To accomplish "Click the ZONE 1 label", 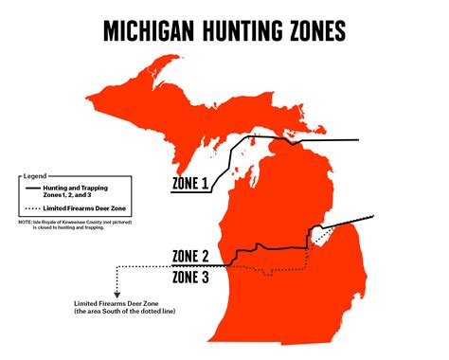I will pos(190,186).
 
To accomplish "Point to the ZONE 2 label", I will pos(193,256).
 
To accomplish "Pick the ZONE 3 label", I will pos(193,277).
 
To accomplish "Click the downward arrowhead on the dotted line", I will pos(117,295).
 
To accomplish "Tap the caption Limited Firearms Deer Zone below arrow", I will pos(117,304).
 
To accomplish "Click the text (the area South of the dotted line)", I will pos(124,313).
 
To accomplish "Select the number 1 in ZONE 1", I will pos(206,186).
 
